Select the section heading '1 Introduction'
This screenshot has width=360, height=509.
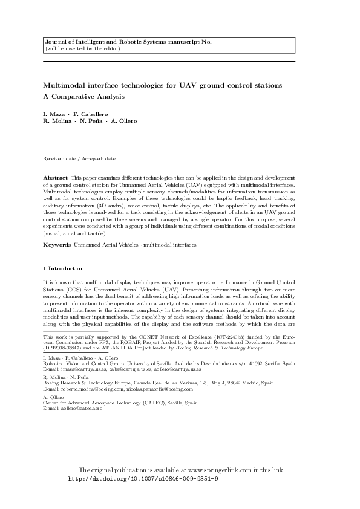pos(64,268)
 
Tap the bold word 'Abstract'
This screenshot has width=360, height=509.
pos(55,177)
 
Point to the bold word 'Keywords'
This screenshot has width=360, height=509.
pos(57,244)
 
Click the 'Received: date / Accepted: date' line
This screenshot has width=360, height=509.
pos(79,158)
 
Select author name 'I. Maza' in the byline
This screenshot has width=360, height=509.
pos(53,114)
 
